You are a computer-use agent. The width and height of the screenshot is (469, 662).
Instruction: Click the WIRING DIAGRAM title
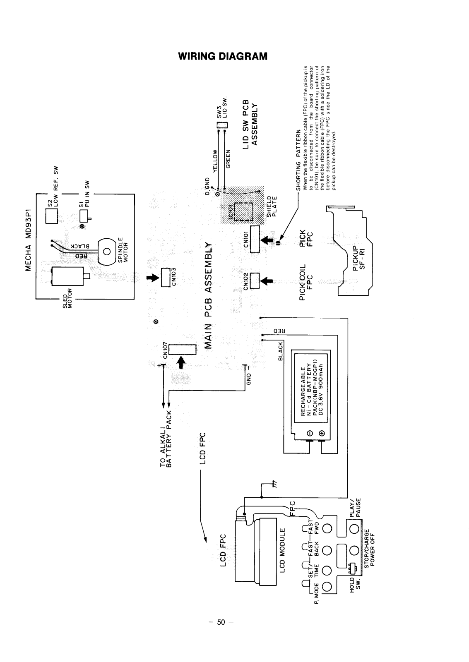tap(223, 56)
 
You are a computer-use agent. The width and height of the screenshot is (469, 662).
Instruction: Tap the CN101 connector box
tap(255, 239)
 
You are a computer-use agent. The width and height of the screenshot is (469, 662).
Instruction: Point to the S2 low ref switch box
tap(51, 216)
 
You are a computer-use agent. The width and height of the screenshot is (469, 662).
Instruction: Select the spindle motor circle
tap(107, 251)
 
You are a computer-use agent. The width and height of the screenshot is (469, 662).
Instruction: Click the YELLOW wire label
tap(215, 160)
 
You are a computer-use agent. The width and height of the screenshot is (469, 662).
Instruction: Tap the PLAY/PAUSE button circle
tap(354, 529)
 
